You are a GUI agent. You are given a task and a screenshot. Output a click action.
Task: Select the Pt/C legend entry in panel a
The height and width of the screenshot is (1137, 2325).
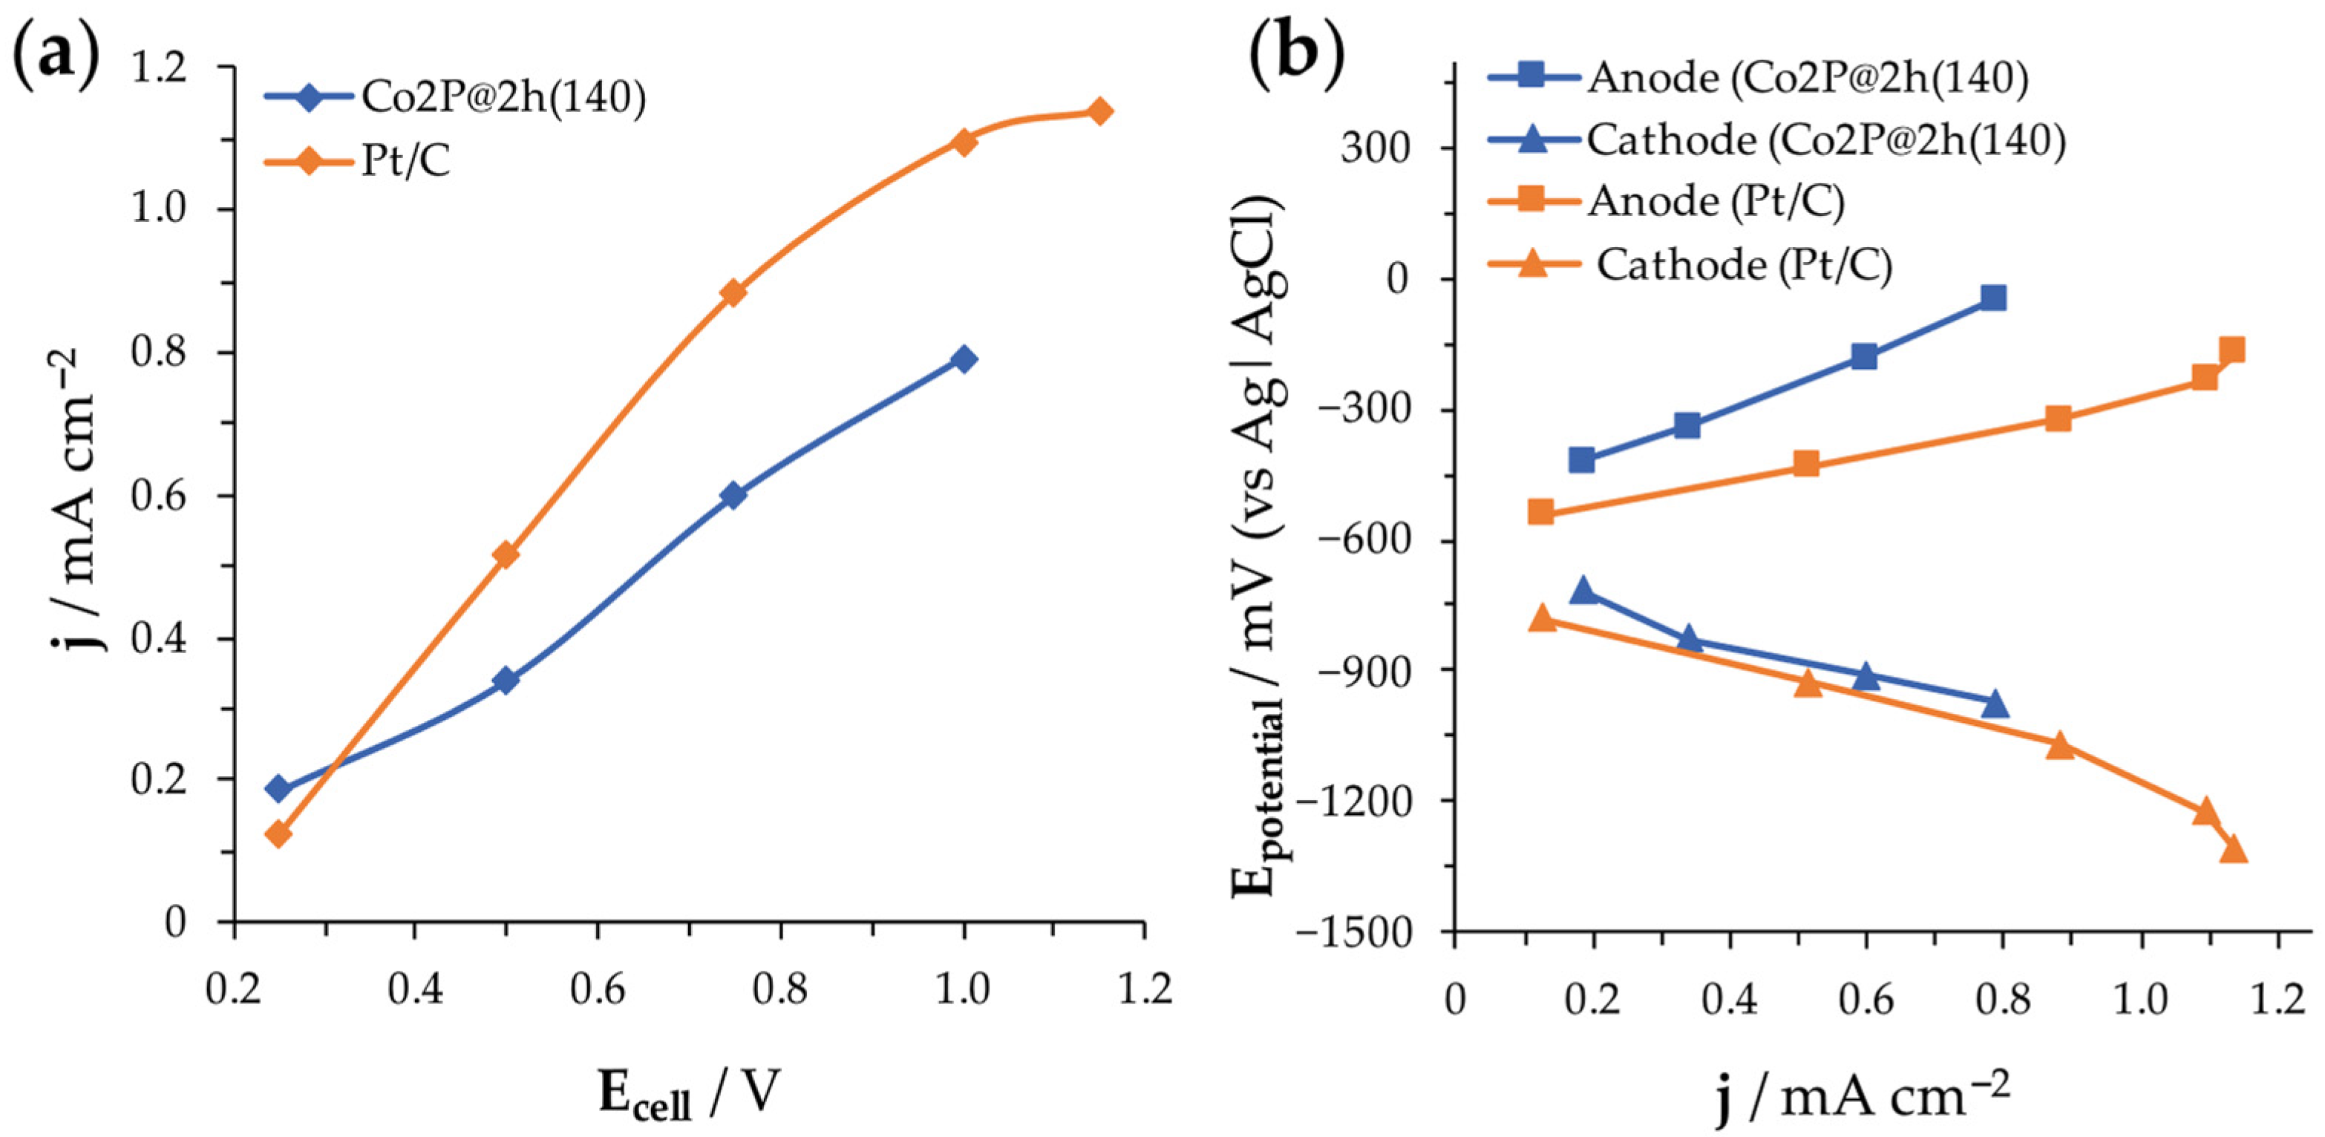(x=405, y=163)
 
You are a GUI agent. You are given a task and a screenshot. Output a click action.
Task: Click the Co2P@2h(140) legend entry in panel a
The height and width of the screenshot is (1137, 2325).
(x=503, y=97)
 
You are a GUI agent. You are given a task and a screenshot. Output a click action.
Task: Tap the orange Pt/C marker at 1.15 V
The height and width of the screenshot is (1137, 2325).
(x=1099, y=111)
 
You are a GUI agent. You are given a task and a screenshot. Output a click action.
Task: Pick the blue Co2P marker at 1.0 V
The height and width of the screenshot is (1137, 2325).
(x=963, y=358)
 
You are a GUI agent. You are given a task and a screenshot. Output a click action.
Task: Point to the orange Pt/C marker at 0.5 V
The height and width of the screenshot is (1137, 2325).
(x=506, y=553)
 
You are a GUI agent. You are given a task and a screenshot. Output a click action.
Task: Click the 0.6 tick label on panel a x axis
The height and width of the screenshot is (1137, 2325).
(x=598, y=990)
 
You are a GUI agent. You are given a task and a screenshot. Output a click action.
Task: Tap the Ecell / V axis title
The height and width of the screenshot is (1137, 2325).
(x=687, y=1094)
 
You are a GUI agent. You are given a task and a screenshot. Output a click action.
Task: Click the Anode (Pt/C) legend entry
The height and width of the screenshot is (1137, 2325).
(x=1715, y=200)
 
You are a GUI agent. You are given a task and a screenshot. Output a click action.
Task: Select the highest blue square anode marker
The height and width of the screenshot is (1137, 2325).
(x=1994, y=297)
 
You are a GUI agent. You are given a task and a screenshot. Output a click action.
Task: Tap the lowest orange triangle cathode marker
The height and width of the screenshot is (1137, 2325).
(x=2232, y=849)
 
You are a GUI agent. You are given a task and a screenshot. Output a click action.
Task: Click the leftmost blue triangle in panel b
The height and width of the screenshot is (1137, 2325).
(x=1581, y=591)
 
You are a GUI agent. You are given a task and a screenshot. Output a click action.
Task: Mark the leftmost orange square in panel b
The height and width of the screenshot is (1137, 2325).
(x=1540, y=511)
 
